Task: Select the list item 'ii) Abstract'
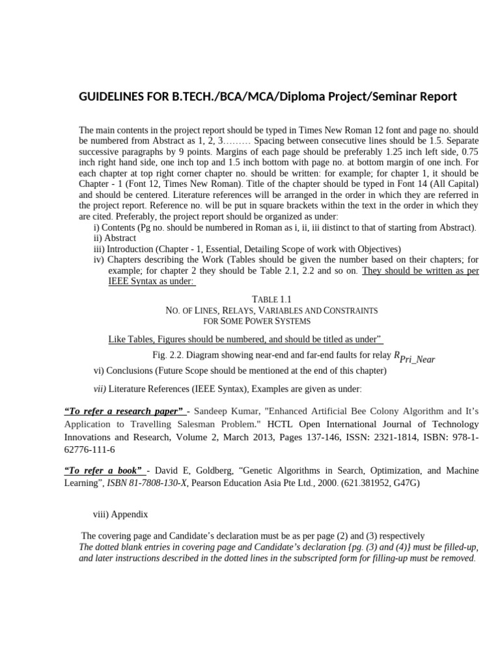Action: coord(115,238)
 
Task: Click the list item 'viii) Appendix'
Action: coord(120,514)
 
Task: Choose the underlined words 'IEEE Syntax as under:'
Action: coord(151,281)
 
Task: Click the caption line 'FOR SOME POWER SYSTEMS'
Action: coord(257,322)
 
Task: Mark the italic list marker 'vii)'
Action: coord(100,389)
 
